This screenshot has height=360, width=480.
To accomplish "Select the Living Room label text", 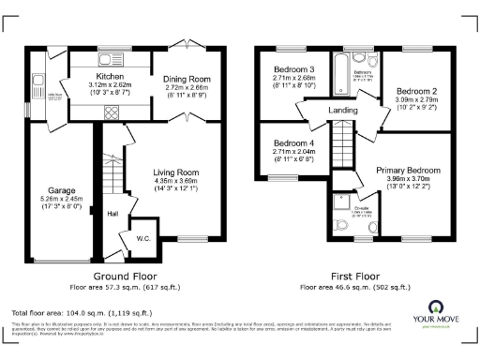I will pos(176,172).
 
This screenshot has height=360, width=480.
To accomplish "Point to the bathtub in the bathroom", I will pos(337,70).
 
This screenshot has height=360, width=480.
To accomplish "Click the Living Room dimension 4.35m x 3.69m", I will pos(176,182).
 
